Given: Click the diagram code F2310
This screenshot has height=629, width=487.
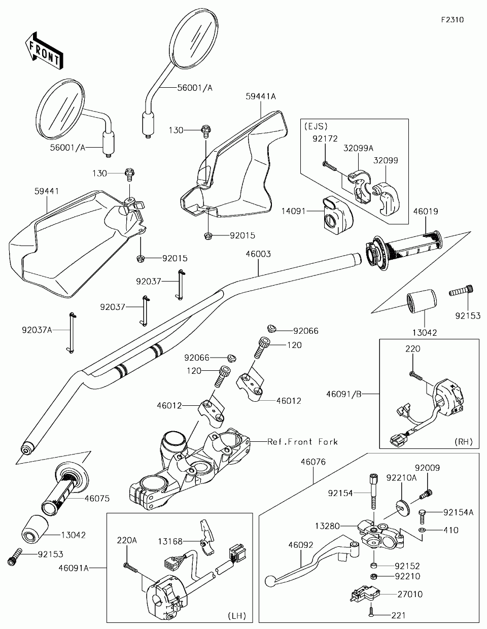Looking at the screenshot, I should coord(453,20).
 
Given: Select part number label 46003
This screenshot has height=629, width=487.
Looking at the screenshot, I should coord(259,254).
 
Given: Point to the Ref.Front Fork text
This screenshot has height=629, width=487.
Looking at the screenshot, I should coord(302,442).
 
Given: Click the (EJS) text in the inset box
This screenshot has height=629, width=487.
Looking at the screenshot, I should coord(316,126).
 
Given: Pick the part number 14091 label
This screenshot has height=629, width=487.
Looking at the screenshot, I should coord(294,211).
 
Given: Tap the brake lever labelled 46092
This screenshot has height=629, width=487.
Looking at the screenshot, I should coord(304,568).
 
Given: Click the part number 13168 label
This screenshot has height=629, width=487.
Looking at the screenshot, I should coord(170,542).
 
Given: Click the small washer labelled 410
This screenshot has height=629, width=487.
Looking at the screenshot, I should coord(422,530).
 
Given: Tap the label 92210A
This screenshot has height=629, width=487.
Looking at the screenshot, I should coord(401,477).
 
